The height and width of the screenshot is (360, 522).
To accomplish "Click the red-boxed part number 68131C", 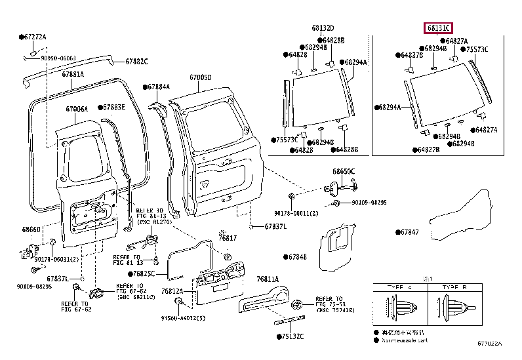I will (x=438, y=28).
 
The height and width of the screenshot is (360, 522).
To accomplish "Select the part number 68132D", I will (x=323, y=28).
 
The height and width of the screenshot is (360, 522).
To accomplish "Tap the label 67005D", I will (x=201, y=77).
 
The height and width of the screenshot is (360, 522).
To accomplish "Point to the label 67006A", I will (x=77, y=110).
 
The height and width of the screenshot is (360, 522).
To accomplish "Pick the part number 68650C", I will (x=344, y=171).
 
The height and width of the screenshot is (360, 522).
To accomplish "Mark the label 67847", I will (x=409, y=232).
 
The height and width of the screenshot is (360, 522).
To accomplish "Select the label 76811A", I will (x=268, y=279).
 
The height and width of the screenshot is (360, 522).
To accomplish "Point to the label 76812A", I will (x=172, y=291).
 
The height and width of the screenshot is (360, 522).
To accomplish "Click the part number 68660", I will (x=31, y=230).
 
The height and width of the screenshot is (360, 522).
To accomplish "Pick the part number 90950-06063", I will (x=58, y=58).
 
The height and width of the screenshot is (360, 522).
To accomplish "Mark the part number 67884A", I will (x=158, y=86).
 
